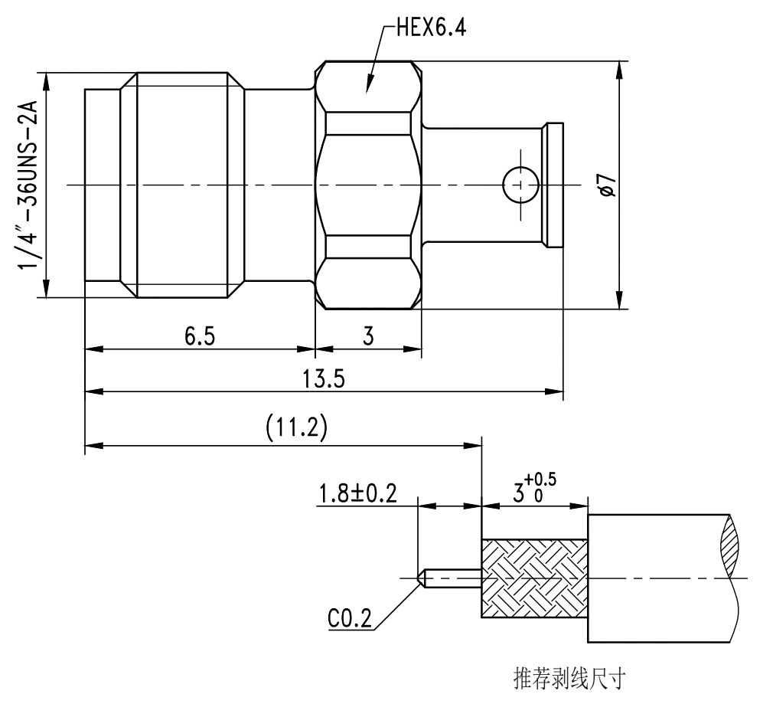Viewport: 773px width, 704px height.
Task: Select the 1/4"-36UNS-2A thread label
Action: tap(31, 185)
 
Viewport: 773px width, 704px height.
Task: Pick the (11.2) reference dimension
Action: tap(296, 429)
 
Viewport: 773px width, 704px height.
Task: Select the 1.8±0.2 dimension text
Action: tap(357, 493)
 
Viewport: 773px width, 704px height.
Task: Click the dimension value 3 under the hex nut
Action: tap(368, 337)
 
